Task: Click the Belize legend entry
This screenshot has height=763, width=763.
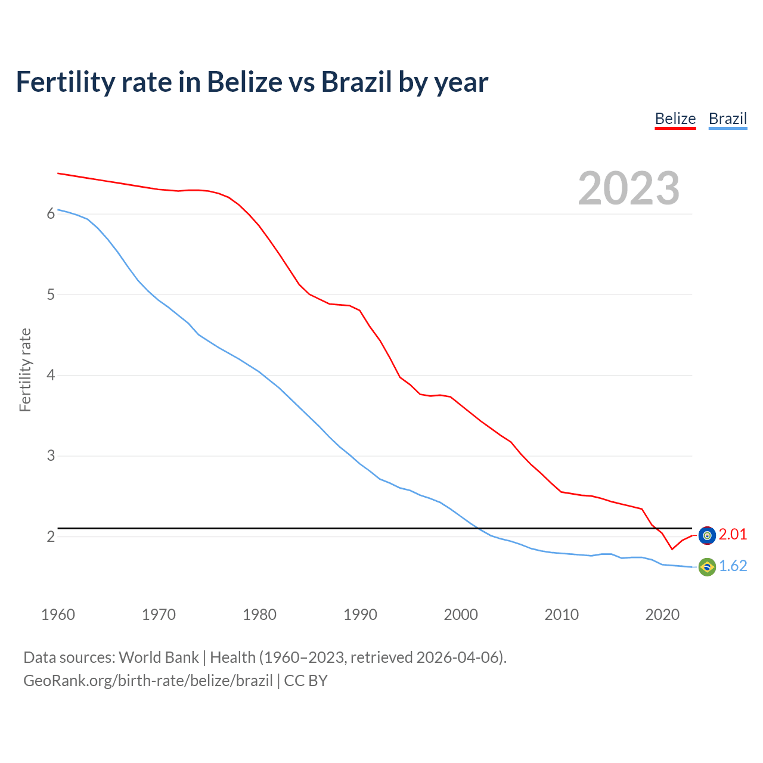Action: pos(675,119)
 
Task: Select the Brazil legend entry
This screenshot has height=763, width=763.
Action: pos(727,119)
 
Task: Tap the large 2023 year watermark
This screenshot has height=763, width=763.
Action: pos(628,188)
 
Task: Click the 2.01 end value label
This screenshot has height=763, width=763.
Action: pos(733,534)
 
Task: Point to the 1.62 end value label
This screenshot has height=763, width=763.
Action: pos(733,566)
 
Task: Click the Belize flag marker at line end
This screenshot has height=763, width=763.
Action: pos(707,535)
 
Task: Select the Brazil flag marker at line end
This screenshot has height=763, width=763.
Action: pos(707,567)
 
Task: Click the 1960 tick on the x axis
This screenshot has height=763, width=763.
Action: pos(58,615)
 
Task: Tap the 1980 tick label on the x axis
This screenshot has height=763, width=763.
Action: pos(259,615)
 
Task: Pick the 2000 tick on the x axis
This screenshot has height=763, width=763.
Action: pos(461,615)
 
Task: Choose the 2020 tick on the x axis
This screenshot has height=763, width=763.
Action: pos(662,615)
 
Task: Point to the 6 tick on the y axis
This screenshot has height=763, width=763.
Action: pos(51,214)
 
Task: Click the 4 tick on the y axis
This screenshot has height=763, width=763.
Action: pos(51,376)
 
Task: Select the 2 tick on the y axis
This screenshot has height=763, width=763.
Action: pos(51,536)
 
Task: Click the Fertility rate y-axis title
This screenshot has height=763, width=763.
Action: pos(25,370)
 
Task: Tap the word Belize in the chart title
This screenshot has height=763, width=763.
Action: pos(244,82)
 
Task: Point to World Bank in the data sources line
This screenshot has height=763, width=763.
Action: pos(159,657)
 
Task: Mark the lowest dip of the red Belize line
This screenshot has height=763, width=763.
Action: pos(672,549)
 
